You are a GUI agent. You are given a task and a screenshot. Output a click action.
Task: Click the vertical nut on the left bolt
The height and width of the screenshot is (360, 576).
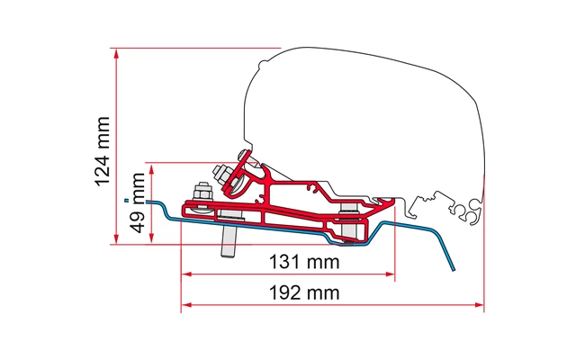pos(201,193)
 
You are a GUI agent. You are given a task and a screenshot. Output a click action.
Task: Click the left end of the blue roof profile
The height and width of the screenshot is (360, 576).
pos(150,202)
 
